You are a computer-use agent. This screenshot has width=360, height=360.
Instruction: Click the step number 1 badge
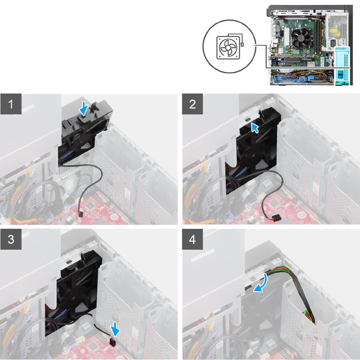point(11,104)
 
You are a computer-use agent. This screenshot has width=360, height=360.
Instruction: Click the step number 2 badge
point(192,104)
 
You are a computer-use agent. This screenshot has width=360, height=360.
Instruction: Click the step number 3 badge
point(11,239)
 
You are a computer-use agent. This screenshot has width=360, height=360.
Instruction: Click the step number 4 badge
point(192,239)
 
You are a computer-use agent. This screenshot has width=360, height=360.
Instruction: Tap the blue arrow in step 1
point(84,108)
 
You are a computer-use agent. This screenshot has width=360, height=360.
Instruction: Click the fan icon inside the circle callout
point(228,48)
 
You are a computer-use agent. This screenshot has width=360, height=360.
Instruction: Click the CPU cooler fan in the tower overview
point(301,38)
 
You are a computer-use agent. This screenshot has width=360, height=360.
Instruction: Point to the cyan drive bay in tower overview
point(341,65)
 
